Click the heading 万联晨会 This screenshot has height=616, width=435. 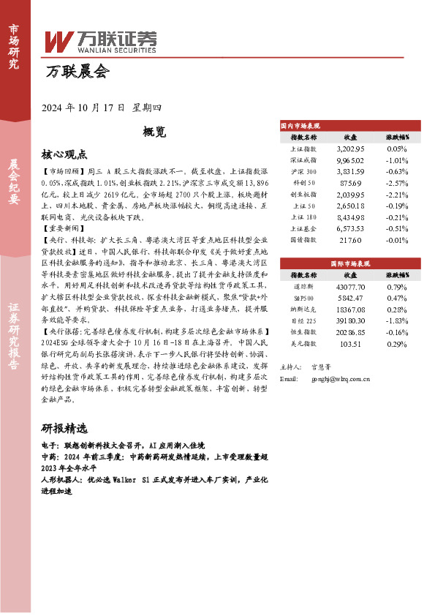point(77,72)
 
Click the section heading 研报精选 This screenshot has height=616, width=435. point(64,428)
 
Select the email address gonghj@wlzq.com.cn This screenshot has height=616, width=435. point(340,379)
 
